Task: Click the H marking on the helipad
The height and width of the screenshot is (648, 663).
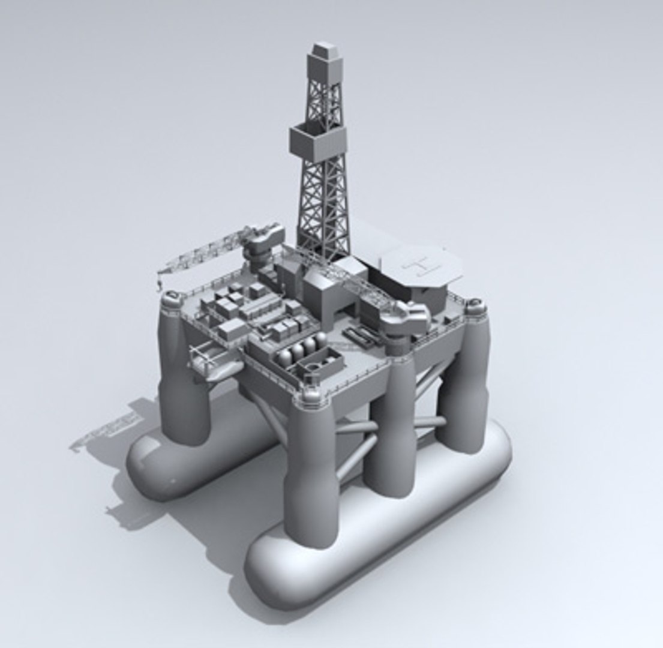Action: coord(421,265)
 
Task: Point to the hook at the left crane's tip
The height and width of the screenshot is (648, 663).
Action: coord(160,282)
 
